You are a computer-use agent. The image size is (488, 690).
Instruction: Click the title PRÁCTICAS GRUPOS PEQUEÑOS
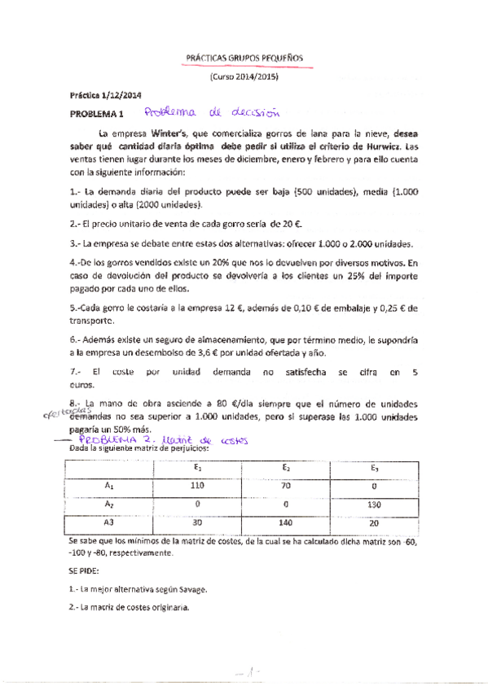coord(244,59)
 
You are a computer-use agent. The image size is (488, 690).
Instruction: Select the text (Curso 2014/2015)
coord(244,76)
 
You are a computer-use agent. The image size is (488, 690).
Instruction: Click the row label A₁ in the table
coord(108,485)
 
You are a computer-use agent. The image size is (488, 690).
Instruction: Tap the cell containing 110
coord(196,485)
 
